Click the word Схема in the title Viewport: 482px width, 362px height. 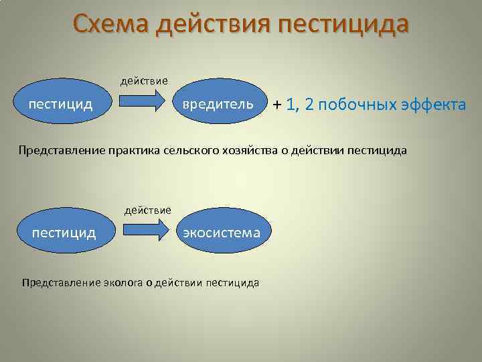click(110, 25)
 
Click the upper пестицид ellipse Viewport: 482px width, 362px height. click(60, 104)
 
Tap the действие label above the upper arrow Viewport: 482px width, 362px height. click(144, 81)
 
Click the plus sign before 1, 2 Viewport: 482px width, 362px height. click(276, 105)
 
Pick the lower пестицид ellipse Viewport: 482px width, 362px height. click(64, 233)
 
